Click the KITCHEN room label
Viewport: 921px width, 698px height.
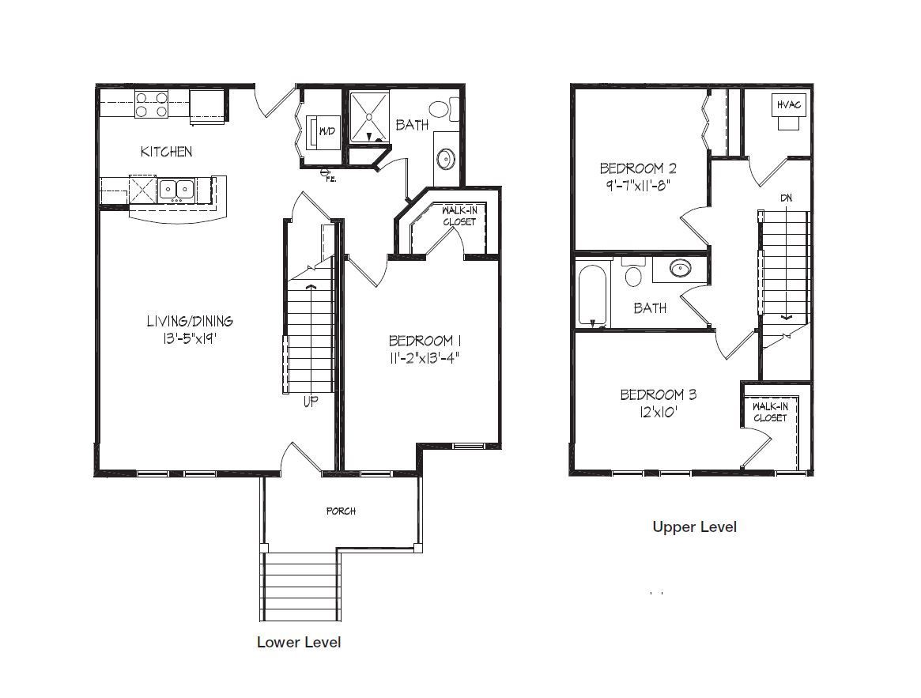[x=166, y=152]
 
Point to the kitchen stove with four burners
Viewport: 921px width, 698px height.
[x=152, y=104]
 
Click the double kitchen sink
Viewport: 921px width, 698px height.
[x=176, y=189]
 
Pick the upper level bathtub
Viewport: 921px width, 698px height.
[x=592, y=296]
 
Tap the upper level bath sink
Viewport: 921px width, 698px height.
[x=680, y=269]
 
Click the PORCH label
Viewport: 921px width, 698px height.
[x=342, y=511]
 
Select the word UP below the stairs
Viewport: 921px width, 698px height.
[x=311, y=402]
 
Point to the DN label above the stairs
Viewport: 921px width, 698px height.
[x=786, y=198]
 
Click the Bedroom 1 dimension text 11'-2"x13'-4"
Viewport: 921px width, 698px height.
[x=424, y=358]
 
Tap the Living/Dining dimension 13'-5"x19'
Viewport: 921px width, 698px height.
[x=190, y=338]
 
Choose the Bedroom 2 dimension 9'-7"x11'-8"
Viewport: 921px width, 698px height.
[x=638, y=186]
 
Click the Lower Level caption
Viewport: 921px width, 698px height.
[x=299, y=642]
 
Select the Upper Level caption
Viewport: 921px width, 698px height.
[x=694, y=527]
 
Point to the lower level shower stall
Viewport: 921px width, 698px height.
[x=369, y=116]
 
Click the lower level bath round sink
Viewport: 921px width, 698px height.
[x=445, y=159]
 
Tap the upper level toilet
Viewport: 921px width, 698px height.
[x=633, y=273]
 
